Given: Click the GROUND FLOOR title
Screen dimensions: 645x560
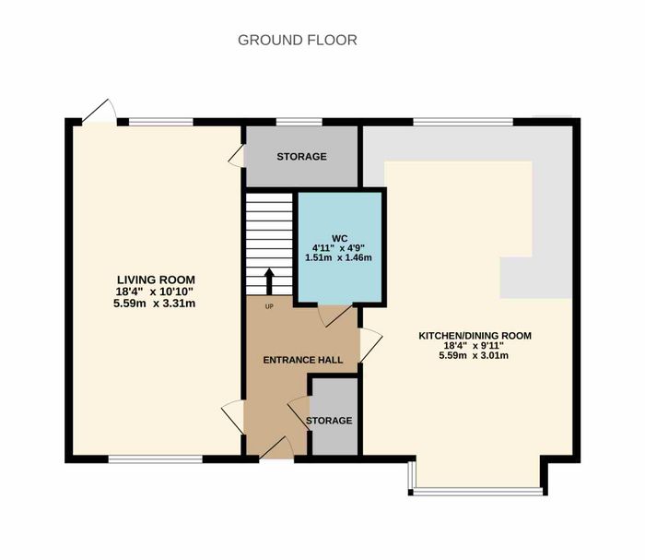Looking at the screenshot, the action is point(298,40).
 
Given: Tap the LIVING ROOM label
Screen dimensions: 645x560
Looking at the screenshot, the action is point(156,280).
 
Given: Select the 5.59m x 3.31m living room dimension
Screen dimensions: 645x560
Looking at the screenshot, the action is point(154,304).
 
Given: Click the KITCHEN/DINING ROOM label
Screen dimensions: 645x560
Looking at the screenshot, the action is point(475,336).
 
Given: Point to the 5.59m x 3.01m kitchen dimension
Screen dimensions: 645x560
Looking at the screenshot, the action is point(474,355).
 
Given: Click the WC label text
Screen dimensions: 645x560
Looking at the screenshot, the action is point(339,238).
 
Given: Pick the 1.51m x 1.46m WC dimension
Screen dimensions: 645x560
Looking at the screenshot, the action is point(338,257).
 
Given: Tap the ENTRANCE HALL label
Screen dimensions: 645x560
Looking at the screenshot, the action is point(303,360).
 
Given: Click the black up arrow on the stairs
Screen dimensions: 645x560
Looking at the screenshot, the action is point(269,281).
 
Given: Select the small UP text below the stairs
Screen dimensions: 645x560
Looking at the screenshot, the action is point(269,306).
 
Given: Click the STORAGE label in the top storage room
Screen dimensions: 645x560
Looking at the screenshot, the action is point(301,157).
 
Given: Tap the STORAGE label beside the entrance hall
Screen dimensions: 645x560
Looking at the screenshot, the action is point(329,421).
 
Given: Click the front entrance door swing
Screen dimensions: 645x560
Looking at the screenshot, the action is point(276,448).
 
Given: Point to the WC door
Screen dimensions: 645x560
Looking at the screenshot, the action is point(335,316).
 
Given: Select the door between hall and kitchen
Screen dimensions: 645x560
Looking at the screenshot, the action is point(371,345).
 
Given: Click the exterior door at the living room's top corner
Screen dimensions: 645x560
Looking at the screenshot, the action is point(99,112).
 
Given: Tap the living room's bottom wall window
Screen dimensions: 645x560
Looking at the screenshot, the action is point(156,459).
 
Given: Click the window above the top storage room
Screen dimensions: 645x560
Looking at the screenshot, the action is point(299,122).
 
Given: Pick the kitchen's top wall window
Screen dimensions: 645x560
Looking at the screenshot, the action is point(463,122).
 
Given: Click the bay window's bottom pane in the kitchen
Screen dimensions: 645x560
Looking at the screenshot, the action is point(478,491).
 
